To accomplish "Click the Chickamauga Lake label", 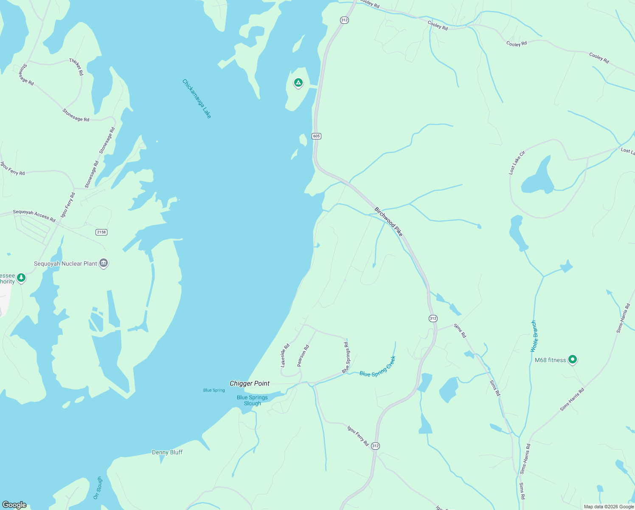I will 197,99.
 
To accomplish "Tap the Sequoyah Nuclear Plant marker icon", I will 104,263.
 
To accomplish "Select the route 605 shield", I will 316,136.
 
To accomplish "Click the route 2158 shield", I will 101,232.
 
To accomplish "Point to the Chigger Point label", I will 250,383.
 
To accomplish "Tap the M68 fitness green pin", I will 572,360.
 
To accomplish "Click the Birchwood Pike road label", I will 388,221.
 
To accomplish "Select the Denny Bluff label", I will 167,452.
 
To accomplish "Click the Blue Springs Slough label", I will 252,400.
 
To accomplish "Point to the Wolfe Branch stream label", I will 534,336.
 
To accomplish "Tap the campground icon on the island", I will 298,82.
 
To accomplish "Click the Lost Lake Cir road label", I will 517,162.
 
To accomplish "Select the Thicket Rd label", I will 77,67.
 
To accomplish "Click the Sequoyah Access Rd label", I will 34,216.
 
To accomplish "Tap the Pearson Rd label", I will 303,356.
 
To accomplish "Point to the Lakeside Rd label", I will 285,355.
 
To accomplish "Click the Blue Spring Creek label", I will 377,367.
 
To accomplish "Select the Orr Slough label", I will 98,488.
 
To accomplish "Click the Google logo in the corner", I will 14,505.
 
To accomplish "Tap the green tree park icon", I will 21,278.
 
